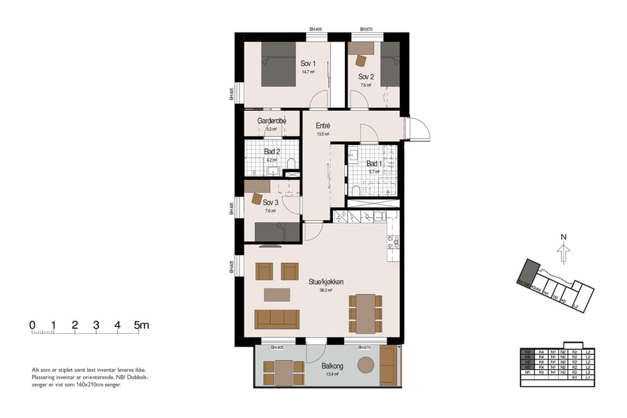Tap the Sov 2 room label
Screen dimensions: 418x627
(366, 77)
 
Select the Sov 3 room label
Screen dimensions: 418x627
(271, 203)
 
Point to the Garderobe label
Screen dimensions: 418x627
(272, 121)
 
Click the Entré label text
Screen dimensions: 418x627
(322, 126)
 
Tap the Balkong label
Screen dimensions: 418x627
(331, 366)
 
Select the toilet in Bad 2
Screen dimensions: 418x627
(291, 164)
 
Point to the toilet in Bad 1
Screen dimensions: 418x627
(355, 190)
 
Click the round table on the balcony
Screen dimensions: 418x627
(366, 364)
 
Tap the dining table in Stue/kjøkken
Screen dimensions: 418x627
(366, 313)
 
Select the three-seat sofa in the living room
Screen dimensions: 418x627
(277, 319)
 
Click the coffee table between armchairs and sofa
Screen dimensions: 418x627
(277, 295)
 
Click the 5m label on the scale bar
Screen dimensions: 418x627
(143, 325)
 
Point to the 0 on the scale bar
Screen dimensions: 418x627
(32, 325)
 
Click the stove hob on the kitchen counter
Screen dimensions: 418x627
(393, 242)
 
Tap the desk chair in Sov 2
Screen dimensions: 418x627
(361, 61)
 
